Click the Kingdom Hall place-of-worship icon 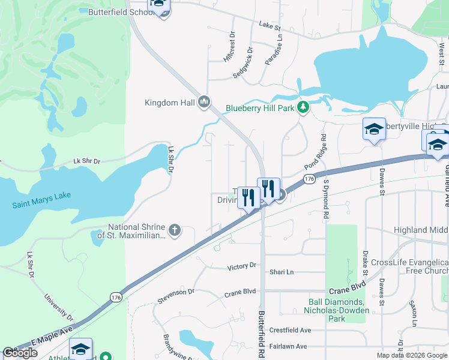click(x=204, y=103)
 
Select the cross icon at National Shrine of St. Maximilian click(x=175, y=230)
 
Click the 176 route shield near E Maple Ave click(x=116, y=297)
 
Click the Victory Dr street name click(x=242, y=265)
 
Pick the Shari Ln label click(x=282, y=272)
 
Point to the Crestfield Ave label click(x=290, y=330)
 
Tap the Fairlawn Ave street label click(x=288, y=346)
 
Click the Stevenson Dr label click(x=176, y=292)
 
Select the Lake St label click(x=270, y=26)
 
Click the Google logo click(x=20, y=353)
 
